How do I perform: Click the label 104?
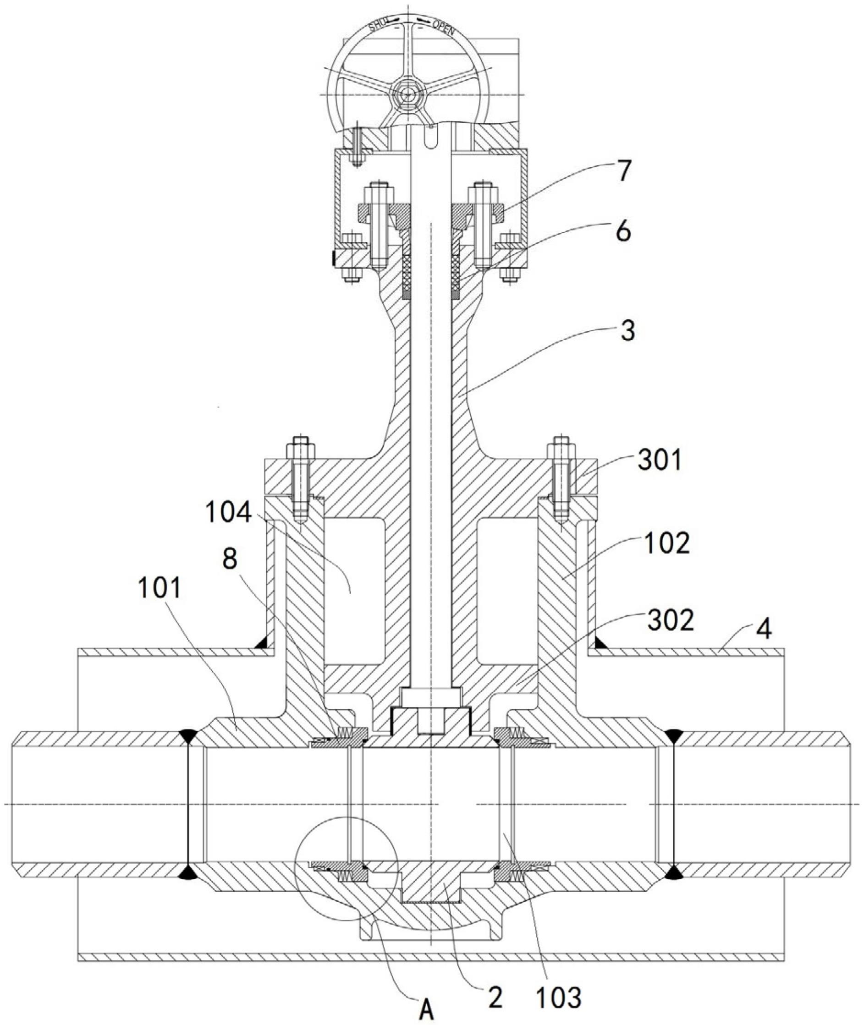(x=228, y=513)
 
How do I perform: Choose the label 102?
(x=666, y=543)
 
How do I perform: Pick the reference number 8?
(x=230, y=559)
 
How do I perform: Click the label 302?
(x=671, y=620)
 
